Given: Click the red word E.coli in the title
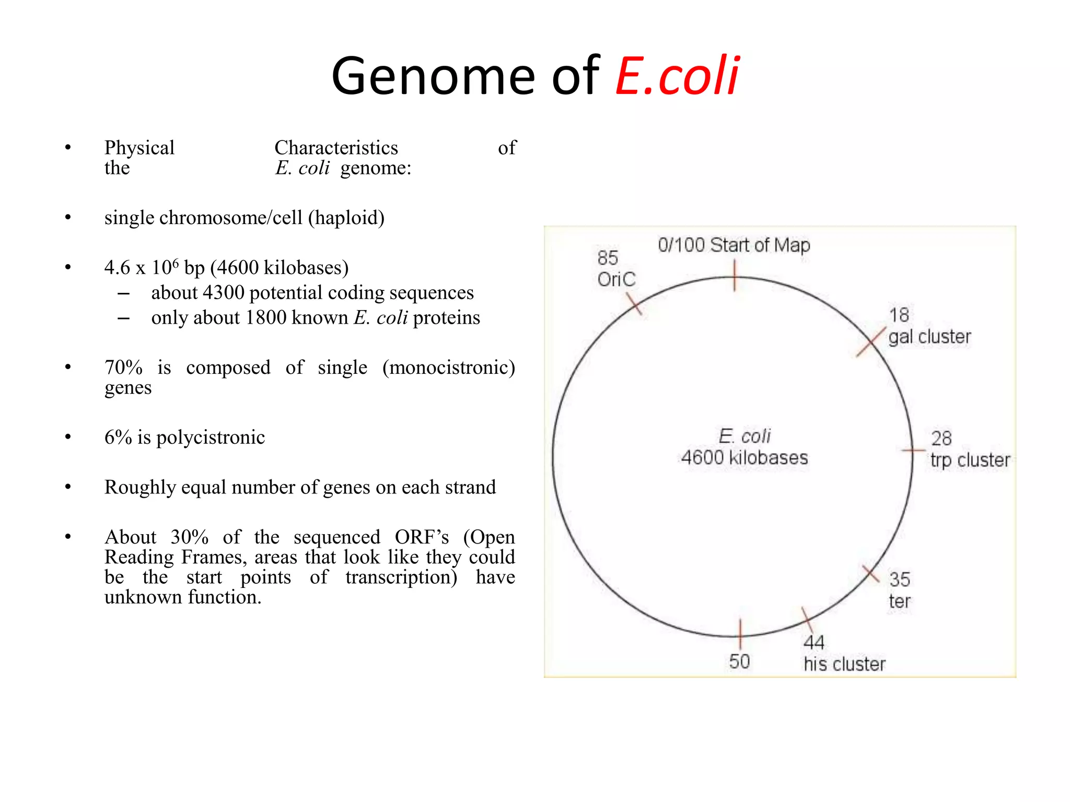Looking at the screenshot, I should [677, 77].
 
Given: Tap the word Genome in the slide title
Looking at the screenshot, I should [433, 77].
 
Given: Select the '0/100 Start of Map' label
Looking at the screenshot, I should [734, 245].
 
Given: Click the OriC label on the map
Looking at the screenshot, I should [617, 279].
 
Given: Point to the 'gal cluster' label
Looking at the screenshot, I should [929, 337].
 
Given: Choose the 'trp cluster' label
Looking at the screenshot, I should [970, 460].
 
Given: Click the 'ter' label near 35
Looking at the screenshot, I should [899, 601].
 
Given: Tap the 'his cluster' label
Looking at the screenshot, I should [844, 664].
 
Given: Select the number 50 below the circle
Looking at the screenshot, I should [739, 662].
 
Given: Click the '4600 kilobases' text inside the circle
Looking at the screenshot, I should [745, 458].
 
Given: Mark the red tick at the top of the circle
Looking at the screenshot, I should [735, 276].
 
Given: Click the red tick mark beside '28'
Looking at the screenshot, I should [913, 450].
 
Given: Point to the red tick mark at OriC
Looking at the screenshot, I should [634, 303].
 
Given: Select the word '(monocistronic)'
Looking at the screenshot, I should [448, 368].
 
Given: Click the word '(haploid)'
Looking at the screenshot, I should [346, 218].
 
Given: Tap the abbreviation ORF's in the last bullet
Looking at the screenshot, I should [422, 537].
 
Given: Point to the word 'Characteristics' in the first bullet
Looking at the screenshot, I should [336, 148].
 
